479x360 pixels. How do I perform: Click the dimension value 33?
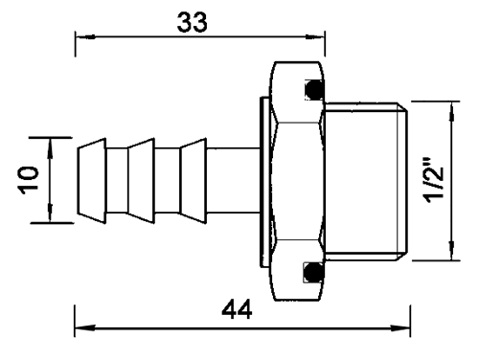pos(192,22)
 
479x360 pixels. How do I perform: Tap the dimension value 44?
pos(237,309)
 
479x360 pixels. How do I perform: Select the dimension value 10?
pos(29,180)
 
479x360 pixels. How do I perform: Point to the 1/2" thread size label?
pos(433,179)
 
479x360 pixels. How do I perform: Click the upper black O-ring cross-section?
pos(314,90)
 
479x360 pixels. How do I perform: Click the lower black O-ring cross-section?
pos(314,272)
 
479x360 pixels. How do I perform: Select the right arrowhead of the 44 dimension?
pos(400,327)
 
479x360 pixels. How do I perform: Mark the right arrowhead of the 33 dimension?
pos(315,37)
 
